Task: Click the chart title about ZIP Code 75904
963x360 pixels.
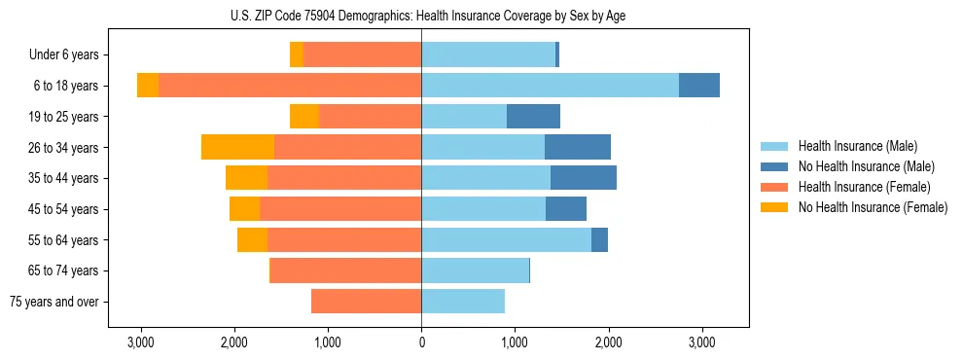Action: pyautogui.click(x=421, y=15)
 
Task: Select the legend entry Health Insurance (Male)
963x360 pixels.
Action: pyautogui.click(x=857, y=146)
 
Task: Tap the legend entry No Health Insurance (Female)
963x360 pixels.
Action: pyautogui.click(x=872, y=207)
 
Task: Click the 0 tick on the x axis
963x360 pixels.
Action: pyautogui.click(x=421, y=342)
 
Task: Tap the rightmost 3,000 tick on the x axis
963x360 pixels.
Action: pyautogui.click(x=701, y=342)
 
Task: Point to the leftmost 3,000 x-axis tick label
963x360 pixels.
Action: pyautogui.click(x=141, y=342)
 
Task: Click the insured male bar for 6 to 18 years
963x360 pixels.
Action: pyautogui.click(x=550, y=86)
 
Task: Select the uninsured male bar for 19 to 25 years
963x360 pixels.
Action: pyautogui.click(x=533, y=117)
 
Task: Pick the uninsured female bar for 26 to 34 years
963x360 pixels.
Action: pyautogui.click(x=237, y=147)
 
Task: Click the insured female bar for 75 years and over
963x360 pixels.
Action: pyautogui.click(x=366, y=302)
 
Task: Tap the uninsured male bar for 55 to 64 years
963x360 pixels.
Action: pyautogui.click(x=599, y=239)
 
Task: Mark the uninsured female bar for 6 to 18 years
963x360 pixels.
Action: pyautogui.click(x=148, y=86)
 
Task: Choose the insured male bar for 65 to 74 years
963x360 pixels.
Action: pyautogui.click(x=475, y=270)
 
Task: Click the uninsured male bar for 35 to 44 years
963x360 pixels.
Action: pyautogui.click(x=584, y=178)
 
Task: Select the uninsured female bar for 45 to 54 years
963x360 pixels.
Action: pyautogui.click(x=244, y=209)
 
